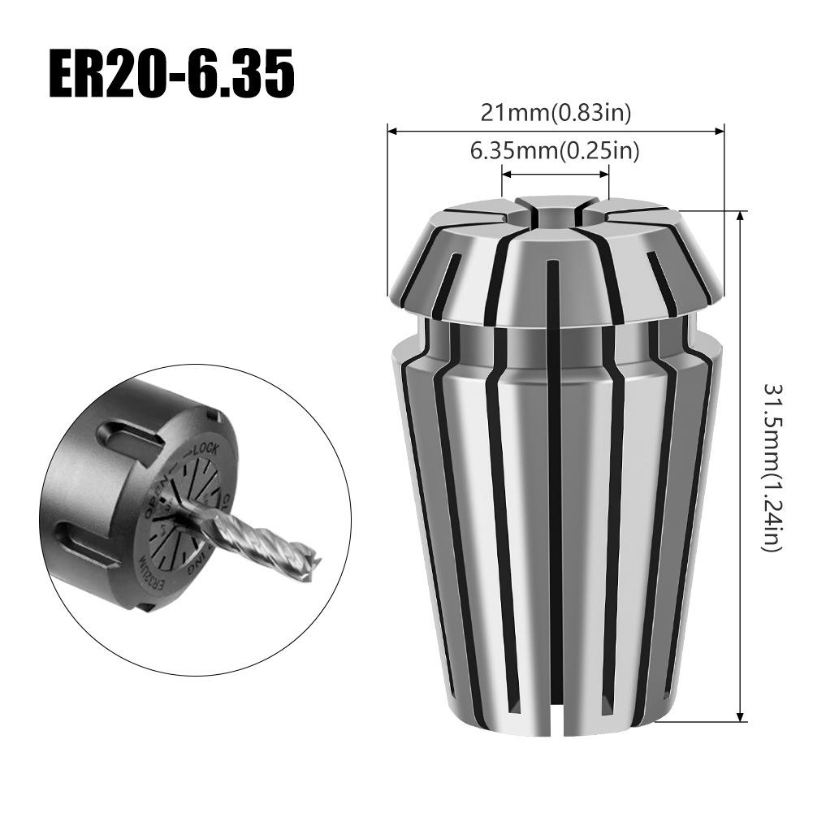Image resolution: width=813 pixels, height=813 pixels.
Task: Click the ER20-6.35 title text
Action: [x=171, y=76]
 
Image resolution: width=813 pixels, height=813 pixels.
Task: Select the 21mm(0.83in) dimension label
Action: [x=556, y=113]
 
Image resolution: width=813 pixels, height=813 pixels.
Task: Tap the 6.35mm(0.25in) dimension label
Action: [x=556, y=150]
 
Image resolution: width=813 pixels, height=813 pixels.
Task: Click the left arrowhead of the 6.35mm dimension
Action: [x=504, y=172]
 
